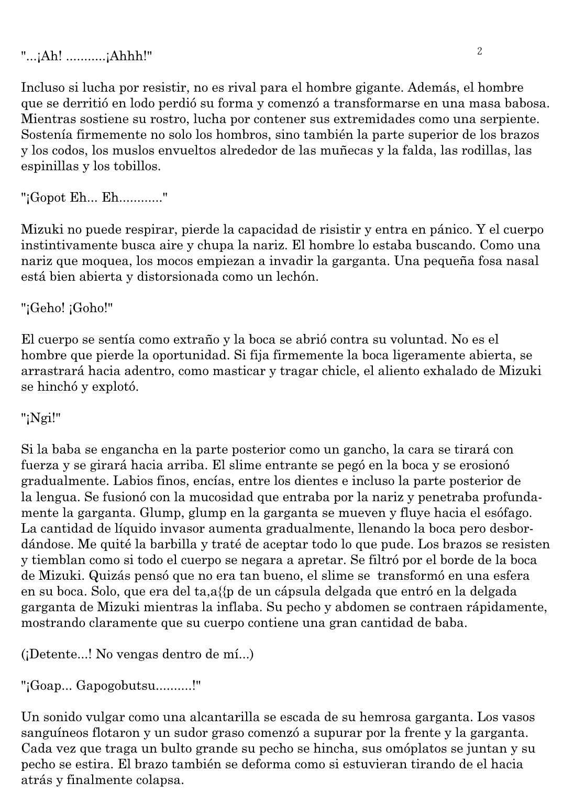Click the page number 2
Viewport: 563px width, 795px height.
pyautogui.click(x=480, y=51)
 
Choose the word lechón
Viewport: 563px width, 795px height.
pyautogui.click(x=295, y=277)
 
